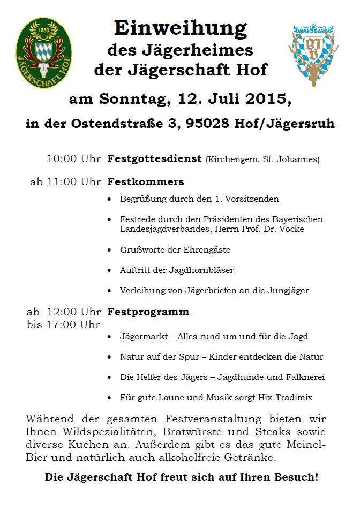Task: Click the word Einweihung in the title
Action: [x=180, y=28]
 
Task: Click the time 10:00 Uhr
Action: [x=74, y=159]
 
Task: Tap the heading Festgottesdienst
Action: [x=154, y=159]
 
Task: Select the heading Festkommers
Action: [x=146, y=181]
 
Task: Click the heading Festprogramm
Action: [x=148, y=312]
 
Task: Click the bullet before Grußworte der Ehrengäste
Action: [x=110, y=250]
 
